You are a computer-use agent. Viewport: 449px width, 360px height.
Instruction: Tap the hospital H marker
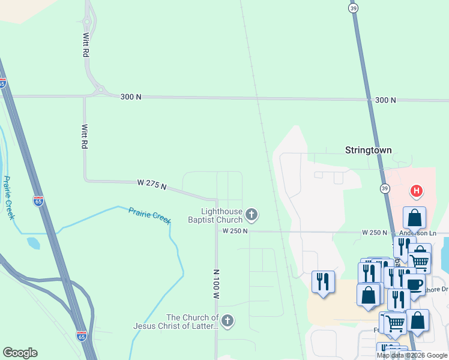click(415, 192)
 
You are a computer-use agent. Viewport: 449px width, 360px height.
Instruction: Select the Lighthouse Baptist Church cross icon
click(252, 214)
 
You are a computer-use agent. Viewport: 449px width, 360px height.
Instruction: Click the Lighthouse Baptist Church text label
click(221, 215)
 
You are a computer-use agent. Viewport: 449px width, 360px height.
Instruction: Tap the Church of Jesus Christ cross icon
click(227, 322)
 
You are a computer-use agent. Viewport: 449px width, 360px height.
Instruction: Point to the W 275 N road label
click(151, 184)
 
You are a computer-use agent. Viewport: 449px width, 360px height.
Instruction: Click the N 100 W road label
click(216, 284)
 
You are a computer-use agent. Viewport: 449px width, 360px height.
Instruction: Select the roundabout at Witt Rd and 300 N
click(98, 92)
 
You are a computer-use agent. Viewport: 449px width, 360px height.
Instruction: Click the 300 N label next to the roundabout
click(130, 97)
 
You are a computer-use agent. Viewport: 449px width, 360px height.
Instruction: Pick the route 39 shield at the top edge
click(354, 7)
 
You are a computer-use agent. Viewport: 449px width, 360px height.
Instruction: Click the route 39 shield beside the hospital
click(384, 188)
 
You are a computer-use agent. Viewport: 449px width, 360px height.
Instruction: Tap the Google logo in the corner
click(20, 353)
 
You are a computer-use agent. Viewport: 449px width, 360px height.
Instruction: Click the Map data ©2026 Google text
click(412, 355)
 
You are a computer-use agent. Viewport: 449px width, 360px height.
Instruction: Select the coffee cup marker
click(414, 284)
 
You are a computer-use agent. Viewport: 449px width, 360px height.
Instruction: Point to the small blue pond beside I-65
click(34, 243)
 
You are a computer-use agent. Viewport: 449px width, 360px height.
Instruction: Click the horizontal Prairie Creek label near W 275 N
click(149, 215)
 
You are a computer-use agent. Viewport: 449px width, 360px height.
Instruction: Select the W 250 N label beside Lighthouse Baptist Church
click(235, 231)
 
